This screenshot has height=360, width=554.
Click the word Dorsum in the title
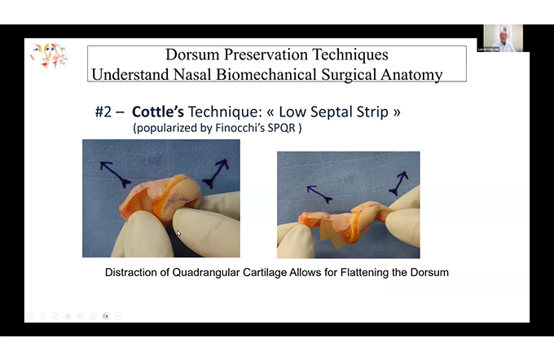tap(192, 55)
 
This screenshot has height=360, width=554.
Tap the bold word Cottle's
tap(157, 112)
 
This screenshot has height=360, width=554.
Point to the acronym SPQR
tap(281, 128)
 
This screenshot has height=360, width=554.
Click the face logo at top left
tap(49, 55)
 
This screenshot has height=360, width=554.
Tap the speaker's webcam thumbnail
tap(503, 38)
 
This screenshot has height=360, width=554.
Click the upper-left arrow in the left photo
tap(115, 173)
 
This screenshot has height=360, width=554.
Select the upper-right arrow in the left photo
tap(216, 173)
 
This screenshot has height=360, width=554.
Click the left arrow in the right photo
tap(319, 195)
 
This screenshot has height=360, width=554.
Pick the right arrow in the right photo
tap(399, 183)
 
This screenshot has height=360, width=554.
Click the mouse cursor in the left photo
tap(179, 233)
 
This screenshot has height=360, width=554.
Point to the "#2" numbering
tap(103, 112)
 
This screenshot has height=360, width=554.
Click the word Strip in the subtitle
tap(372, 112)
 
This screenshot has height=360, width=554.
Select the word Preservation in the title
tap(266, 55)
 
